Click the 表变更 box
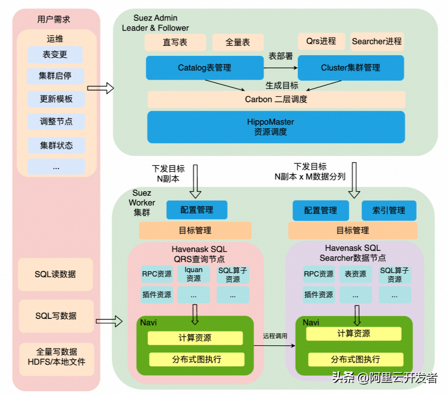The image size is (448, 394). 55,55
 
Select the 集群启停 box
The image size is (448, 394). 55,76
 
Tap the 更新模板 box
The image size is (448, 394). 56,99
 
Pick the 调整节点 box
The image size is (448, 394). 56,122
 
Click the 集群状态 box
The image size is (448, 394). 56,145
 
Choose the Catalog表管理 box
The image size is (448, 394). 205,68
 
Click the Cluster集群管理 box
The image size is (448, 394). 351,68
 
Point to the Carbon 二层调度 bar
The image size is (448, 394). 276,99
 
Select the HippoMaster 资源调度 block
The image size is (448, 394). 276,127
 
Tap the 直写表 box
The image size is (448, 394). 175,43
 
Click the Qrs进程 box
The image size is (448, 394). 322,41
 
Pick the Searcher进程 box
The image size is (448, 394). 377,41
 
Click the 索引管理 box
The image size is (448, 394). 389,211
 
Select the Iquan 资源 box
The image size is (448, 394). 194,274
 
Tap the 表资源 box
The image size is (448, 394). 355,274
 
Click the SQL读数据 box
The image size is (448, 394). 55,275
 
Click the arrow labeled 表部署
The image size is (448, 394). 281,68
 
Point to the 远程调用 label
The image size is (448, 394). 275,336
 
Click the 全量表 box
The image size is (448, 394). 238,43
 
